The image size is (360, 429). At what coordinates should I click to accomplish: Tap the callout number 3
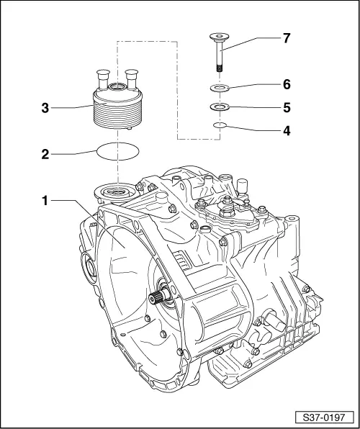pos(45,108)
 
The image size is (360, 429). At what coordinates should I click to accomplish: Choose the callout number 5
pos(287,108)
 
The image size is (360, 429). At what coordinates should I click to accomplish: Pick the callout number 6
pos(287,84)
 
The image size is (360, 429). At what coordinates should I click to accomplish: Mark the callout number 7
pos(287,38)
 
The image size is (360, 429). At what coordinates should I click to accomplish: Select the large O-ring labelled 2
pos(116,153)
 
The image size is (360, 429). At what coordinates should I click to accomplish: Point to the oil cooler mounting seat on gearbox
pos(116,193)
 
